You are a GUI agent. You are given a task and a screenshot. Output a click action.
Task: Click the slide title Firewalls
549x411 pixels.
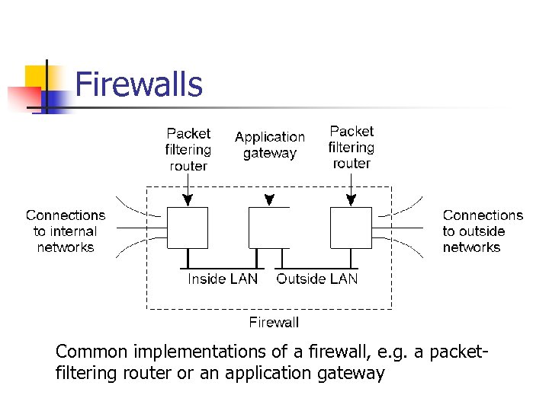(139, 84)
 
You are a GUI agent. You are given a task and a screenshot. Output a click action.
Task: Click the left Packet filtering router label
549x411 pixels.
(188, 150)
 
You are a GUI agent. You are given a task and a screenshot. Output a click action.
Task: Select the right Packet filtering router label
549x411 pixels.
(351, 148)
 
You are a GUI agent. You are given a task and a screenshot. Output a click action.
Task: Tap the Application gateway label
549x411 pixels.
(269, 145)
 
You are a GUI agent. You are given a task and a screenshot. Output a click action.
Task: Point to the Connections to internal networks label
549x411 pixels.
(66, 231)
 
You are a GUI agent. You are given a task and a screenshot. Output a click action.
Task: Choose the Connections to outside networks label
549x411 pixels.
(483, 231)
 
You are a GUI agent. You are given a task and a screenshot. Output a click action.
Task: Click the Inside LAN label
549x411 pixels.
(223, 279)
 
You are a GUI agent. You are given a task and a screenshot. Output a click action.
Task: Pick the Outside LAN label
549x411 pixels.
(316, 279)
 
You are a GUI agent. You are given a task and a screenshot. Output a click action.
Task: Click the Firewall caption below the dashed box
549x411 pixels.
(274, 323)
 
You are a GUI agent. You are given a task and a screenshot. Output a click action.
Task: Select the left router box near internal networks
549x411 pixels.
(188, 228)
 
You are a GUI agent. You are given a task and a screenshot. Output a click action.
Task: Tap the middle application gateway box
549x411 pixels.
(269, 228)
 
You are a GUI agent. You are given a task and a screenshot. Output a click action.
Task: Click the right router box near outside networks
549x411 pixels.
(351, 228)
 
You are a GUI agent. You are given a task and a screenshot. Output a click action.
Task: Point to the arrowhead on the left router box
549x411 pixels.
(188, 202)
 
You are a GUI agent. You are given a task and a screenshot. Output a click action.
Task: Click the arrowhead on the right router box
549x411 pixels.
(351, 202)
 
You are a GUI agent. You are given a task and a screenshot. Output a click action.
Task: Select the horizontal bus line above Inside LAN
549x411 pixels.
(222, 269)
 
